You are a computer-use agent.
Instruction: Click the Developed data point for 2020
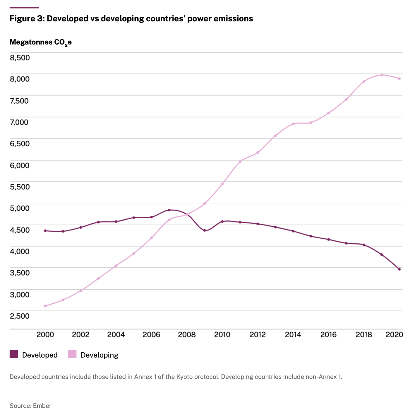pyautogui.click(x=399, y=269)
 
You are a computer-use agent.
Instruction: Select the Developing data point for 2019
pyautogui.click(x=382, y=75)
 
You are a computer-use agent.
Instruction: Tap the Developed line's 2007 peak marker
pyautogui.click(x=169, y=210)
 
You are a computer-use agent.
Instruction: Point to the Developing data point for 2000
pyautogui.click(x=45, y=306)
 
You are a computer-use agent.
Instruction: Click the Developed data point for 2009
pyautogui.click(x=205, y=230)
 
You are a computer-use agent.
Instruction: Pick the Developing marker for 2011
pyautogui.click(x=240, y=162)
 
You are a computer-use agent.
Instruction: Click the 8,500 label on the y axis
pyautogui.click(x=20, y=57)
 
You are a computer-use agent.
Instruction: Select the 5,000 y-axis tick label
pyautogui.click(x=20, y=208)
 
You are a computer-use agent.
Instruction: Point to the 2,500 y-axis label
pyautogui.click(x=20, y=316)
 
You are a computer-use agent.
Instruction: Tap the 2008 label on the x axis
pyautogui.click(x=187, y=334)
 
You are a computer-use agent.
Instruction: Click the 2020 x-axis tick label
pyautogui.click(x=394, y=334)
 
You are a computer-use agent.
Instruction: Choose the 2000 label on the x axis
pyautogui.click(x=45, y=334)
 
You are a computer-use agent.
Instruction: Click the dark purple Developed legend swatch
pyautogui.click(x=14, y=354)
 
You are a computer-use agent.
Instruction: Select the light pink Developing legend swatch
pyautogui.click(x=72, y=354)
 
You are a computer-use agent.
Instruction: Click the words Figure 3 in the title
pyautogui.click(x=26, y=19)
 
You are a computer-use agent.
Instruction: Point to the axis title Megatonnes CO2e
pyautogui.click(x=40, y=42)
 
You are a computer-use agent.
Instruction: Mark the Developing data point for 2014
pyautogui.click(x=293, y=124)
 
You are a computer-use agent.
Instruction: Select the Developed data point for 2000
pyautogui.click(x=45, y=231)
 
